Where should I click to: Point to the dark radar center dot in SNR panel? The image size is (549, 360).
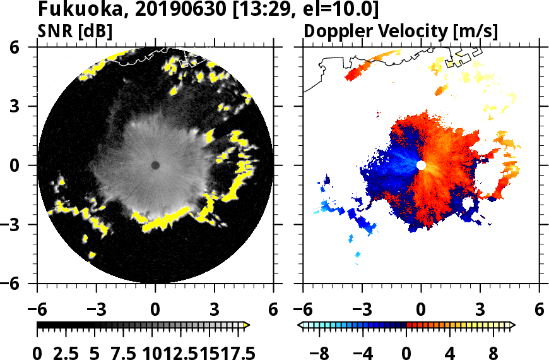[155, 165]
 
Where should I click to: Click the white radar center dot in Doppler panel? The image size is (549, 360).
[421, 165]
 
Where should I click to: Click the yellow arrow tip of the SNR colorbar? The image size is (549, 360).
[247, 325]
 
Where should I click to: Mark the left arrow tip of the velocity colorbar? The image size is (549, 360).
[300, 325]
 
